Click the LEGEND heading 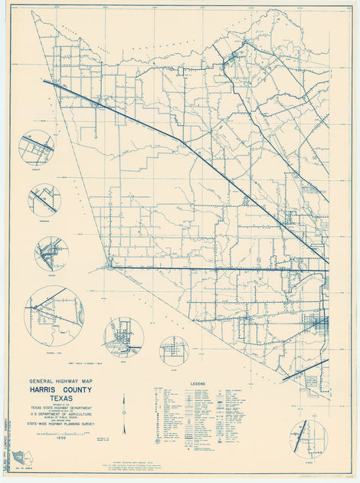[x=198, y=382]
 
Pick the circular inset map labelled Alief [x=174, y=350]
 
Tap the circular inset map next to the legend [x=308, y=437]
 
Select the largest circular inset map [x=54, y=315]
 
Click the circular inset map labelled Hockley [x=36, y=146]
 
